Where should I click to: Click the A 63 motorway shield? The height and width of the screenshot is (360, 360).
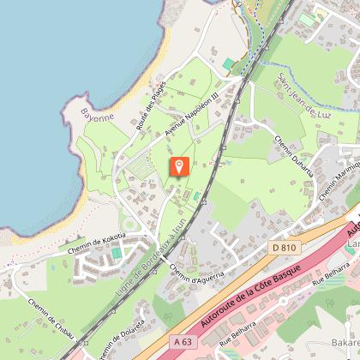click(181, 341)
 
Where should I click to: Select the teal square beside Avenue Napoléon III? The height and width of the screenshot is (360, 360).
click(228, 64)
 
